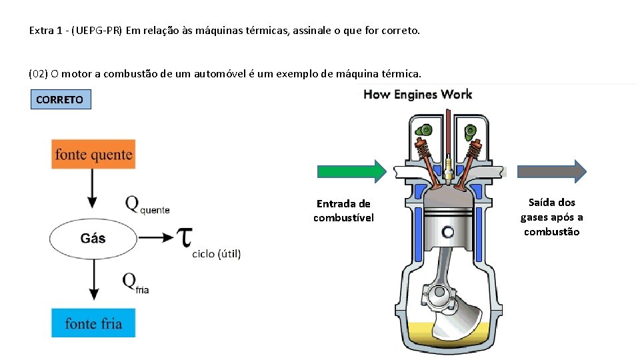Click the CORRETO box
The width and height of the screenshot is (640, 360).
(60, 100)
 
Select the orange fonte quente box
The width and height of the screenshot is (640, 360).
(93, 154)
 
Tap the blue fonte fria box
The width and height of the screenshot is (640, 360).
(93, 323)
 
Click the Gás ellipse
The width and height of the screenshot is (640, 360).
(93, 238)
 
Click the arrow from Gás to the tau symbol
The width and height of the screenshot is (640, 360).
(158, 238)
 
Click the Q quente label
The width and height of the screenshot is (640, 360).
(147, 205)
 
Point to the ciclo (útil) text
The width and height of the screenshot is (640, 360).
(217, 253)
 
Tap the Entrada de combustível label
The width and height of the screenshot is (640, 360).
(344, 211)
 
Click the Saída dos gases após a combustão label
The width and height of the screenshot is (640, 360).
(552, 217)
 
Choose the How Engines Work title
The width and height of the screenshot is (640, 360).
(417, 94)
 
